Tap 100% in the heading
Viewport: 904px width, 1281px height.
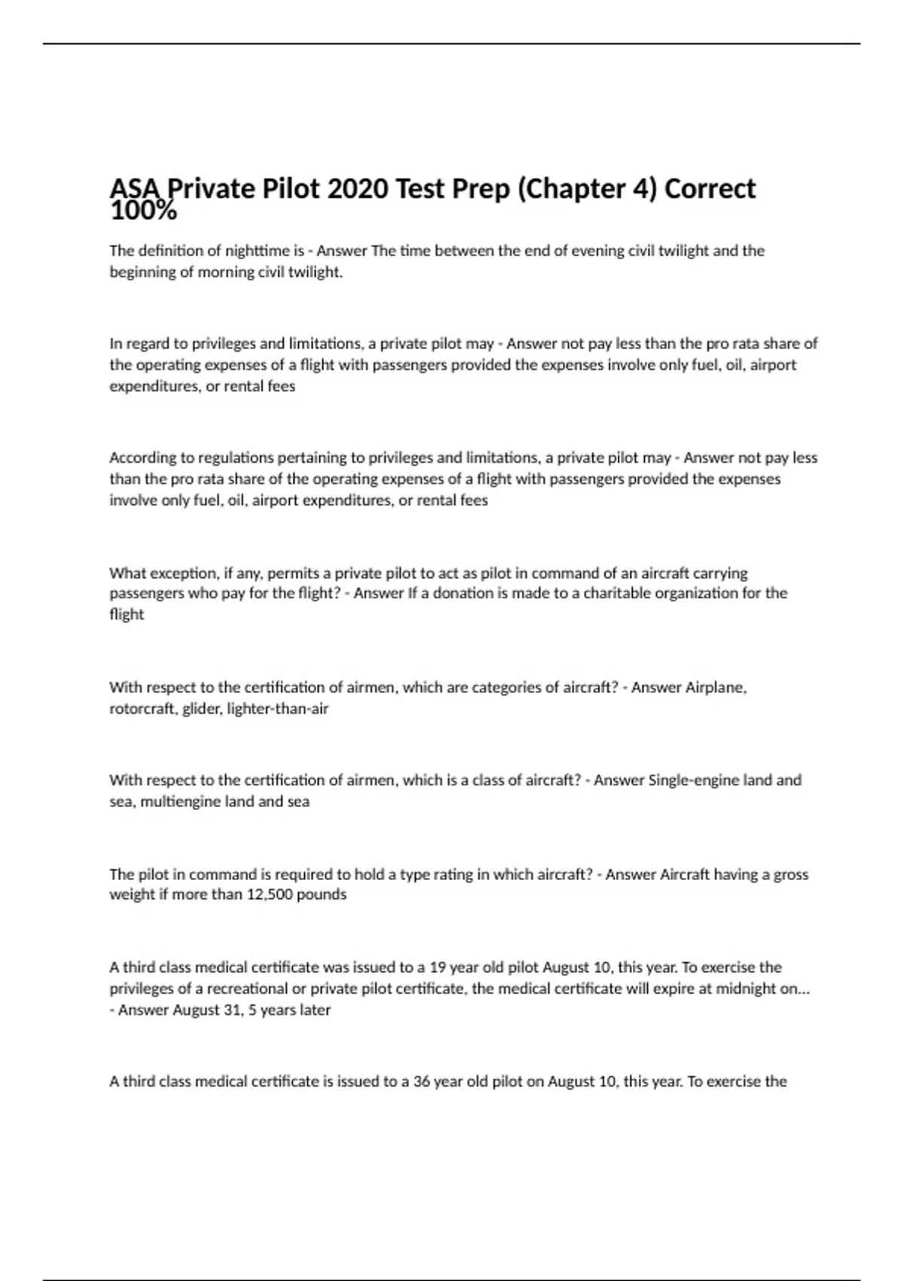(x=143, y=212)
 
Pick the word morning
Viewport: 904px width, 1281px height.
(x=226, y=272)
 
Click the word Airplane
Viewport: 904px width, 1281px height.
(x=716, y=687)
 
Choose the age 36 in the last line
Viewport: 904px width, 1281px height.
(x=422, y=1081)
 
